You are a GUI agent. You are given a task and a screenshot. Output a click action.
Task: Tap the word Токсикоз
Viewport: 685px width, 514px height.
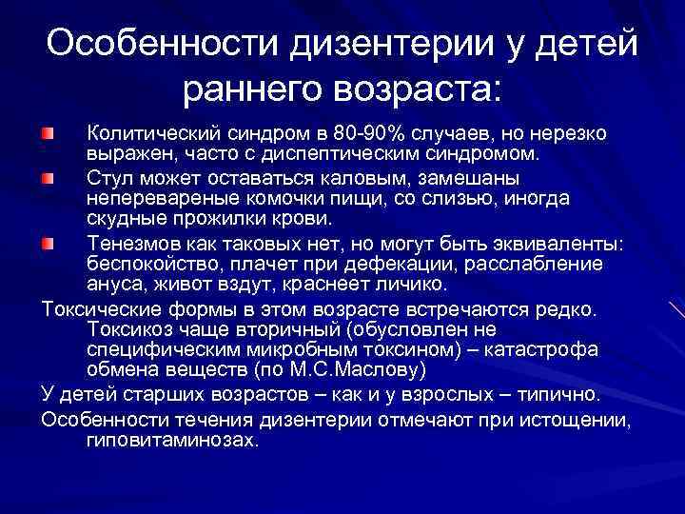[x=128, y=330]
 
